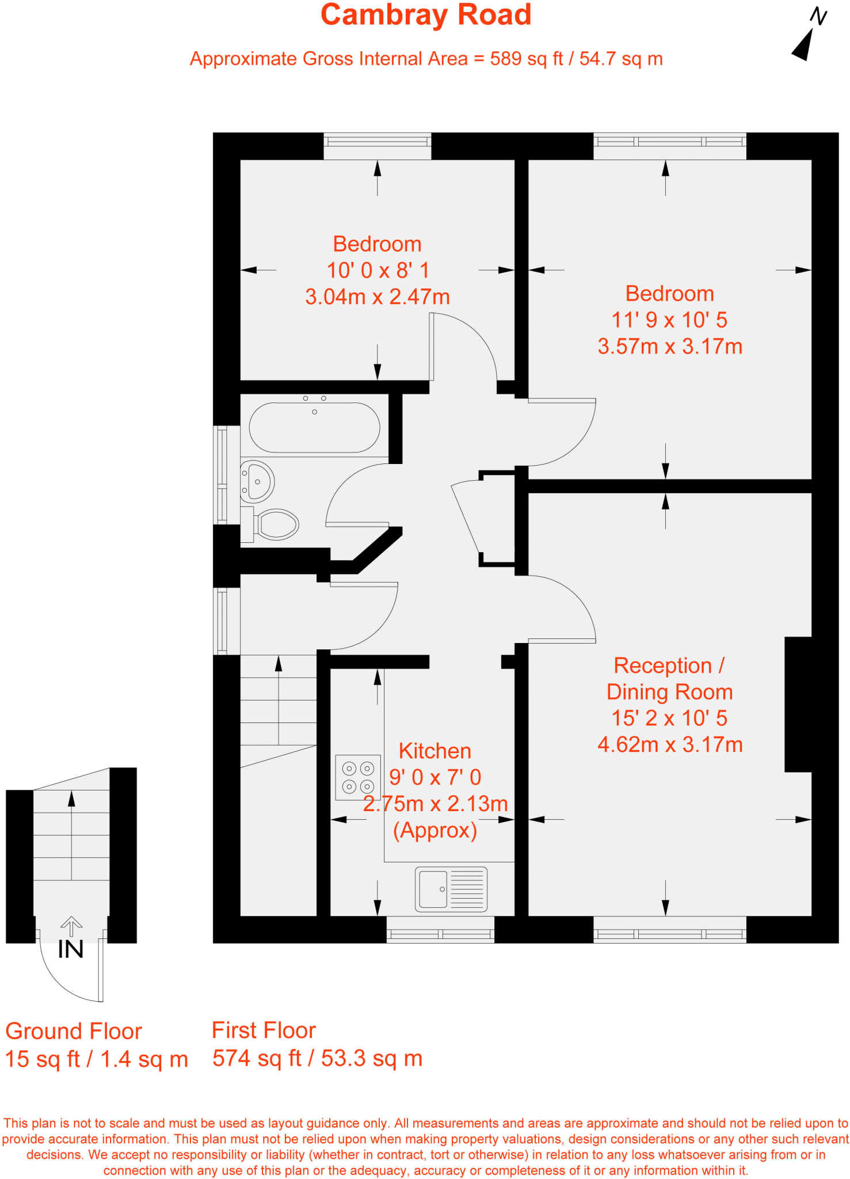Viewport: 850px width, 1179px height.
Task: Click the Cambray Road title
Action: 425,15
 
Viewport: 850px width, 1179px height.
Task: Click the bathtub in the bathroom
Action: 314,427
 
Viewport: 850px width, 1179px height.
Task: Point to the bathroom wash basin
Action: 257,481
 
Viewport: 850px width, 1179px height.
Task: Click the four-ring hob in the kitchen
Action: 358,778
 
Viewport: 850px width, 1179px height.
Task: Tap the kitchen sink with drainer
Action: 451,889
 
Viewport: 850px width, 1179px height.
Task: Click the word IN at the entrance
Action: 71,950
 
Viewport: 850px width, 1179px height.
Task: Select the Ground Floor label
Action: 74,1031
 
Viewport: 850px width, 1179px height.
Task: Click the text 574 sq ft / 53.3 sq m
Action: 317,1058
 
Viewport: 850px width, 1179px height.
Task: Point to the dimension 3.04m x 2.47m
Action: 377,297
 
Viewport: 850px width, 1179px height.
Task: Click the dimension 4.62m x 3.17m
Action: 669,745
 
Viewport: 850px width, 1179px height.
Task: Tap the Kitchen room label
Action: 434,751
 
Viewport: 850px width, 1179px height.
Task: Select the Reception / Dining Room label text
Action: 669,679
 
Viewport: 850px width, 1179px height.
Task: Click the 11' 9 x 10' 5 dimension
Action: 669,320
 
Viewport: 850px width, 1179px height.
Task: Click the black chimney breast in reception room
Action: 798,704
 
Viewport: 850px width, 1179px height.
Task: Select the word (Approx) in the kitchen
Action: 434,830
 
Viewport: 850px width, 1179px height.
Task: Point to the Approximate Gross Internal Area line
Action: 426,59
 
